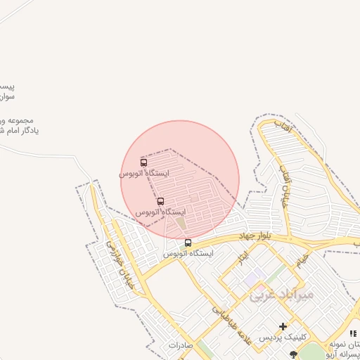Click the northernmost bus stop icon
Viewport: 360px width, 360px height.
pos(144,162)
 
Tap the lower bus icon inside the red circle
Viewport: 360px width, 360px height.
pos(161,202)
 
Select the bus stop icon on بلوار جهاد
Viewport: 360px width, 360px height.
pos(188,243)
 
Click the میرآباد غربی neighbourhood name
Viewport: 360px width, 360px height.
pos(281,295)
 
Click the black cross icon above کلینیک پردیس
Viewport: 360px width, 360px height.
pos(283,326)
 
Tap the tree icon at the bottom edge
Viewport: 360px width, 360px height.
pos(294,354)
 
